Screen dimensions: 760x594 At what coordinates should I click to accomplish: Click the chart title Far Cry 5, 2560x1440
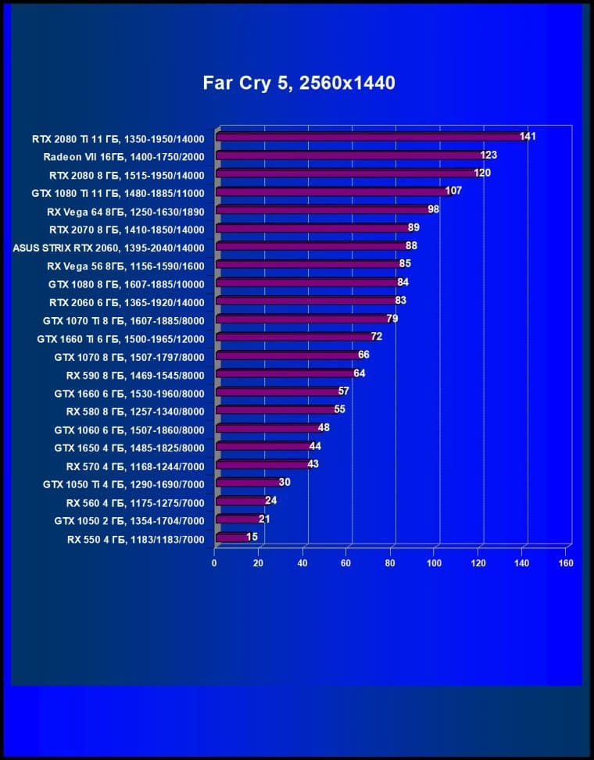point(299,83)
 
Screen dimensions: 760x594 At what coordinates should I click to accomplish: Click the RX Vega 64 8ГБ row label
point(125,211)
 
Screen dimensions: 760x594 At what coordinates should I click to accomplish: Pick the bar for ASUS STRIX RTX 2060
point(309,247)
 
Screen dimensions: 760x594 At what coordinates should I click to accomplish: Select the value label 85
point(405,264)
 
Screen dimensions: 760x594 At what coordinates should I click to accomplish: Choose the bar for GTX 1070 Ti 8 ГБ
point(301,319)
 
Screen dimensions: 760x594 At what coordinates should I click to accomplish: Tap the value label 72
point(376,337)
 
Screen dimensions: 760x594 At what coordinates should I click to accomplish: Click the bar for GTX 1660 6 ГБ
point(277,392)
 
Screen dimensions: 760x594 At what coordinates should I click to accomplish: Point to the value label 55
point(339,409)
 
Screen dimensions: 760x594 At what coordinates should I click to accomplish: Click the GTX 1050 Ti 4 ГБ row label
point(123,484)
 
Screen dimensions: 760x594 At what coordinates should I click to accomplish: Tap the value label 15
point(252,537)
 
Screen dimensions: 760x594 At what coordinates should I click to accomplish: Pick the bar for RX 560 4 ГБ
point(241,501)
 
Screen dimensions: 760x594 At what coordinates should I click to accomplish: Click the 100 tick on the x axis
point(433,562)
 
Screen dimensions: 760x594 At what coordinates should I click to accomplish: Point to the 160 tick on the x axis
point(566,562)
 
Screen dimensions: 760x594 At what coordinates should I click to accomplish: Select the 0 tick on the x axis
point(214,562)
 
